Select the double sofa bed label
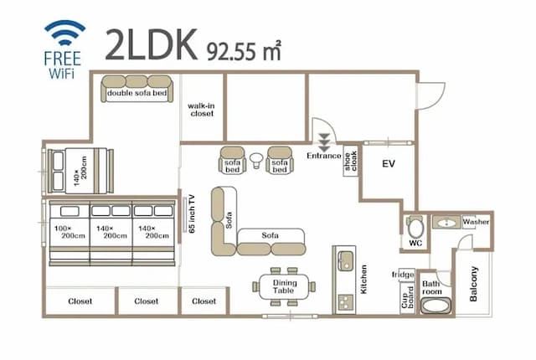(x=137, y=94)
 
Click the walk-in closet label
(x=202, y=110)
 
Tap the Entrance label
(x=324, y=156)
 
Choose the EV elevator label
(x=388, y=164)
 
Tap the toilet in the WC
(x=414, y=226)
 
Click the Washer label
(x=476, y=222)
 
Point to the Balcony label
(x=474, y=285)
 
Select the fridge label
(x=404, y=275)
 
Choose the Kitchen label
(x=363, y=279)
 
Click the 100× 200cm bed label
(x=68, y=232)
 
